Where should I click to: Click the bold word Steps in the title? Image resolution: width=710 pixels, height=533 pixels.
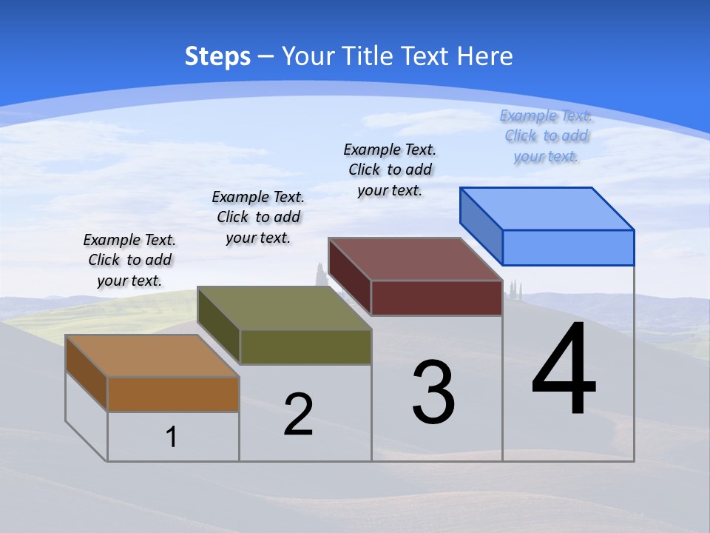(217, 56)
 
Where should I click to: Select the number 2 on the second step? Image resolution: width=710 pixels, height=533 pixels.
(298, 415)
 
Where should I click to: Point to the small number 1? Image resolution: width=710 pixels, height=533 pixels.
(172, 437)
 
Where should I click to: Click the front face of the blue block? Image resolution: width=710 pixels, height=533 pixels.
(568, 247)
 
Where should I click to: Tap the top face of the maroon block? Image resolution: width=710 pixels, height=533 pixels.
(416, 259)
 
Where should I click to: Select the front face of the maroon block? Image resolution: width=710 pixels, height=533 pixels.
(436, 298)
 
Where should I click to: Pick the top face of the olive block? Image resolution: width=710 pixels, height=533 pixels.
(284, 308)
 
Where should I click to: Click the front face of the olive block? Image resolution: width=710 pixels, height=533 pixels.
(305, 346)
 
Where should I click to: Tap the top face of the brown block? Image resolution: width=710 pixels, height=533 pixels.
(152, 356)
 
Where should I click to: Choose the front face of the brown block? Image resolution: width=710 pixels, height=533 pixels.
(173, 394)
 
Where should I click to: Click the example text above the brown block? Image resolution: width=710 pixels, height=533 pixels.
(129, 260)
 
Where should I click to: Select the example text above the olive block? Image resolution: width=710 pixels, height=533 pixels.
(258, 217)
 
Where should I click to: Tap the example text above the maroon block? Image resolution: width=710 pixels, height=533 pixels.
(390, 170)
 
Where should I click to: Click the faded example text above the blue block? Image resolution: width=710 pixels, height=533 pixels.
(546, 135)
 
